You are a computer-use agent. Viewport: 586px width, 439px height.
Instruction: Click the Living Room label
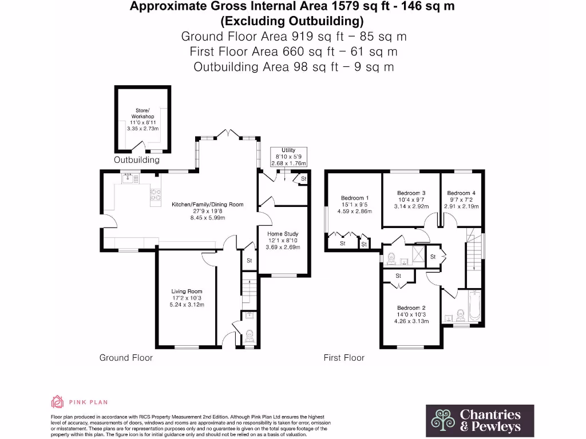187,298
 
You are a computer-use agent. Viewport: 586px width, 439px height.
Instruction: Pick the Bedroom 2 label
411,314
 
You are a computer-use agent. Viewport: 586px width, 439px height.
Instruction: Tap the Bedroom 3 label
411,199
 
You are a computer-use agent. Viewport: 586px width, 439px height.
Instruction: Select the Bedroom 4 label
461,199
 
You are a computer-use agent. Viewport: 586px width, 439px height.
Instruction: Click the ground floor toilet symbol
250,337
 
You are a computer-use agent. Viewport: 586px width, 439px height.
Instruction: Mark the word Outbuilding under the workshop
137,160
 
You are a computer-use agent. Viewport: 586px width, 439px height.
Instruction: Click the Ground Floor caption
126,358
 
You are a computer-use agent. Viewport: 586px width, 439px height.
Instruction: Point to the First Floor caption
344,358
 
